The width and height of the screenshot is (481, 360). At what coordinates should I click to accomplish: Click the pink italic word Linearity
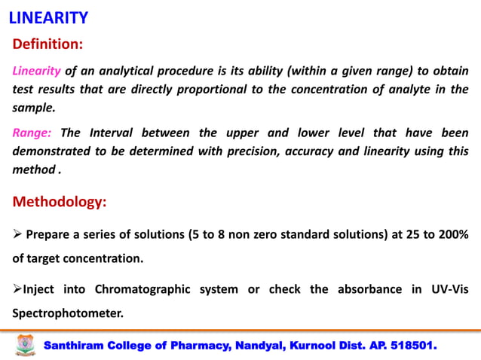coord(36,72)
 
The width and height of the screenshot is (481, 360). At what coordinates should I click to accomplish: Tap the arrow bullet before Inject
coord(17,288)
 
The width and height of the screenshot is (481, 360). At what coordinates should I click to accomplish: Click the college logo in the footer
coord(26,345)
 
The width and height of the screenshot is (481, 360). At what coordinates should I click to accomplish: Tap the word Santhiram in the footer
coord(78,346)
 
